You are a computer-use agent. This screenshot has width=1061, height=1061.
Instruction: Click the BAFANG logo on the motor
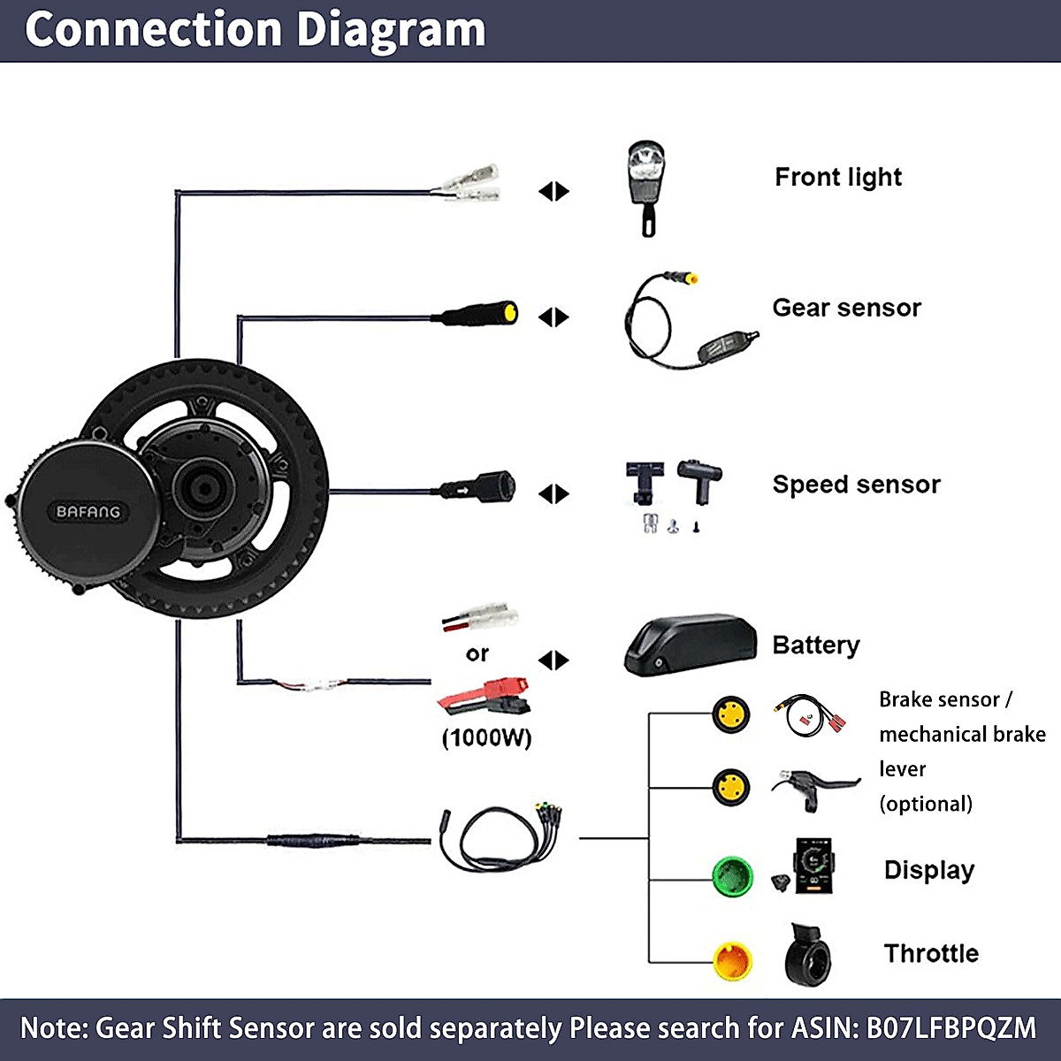(88, 512)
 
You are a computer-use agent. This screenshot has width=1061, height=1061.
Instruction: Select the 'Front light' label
(837, 178)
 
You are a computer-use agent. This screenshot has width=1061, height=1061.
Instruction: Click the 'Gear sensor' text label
(846, 308)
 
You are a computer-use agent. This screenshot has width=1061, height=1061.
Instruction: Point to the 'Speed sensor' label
(856, 485)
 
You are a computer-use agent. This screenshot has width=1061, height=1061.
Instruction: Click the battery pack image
(691, 645)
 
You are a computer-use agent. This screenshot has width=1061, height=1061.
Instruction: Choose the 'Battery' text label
(815, 645)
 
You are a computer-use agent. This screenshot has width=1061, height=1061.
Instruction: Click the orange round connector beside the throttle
(732, 961)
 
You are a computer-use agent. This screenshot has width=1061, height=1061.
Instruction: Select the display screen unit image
(814, 866)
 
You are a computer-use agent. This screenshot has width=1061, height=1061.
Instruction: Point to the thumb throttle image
(808, 956)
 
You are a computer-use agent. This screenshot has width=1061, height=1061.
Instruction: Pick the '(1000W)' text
(486, 737)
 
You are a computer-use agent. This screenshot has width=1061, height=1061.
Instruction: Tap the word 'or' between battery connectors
(477, 653)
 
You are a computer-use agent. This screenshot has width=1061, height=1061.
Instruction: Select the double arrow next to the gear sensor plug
(553, 317)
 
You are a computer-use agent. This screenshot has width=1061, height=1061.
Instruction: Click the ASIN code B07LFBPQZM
(950, 1028)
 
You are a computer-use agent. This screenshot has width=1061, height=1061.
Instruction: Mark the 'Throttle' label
(931, 953)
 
